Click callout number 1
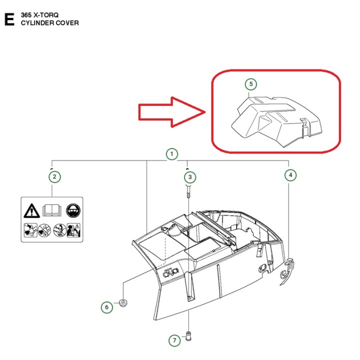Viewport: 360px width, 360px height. click(x=171, y=154)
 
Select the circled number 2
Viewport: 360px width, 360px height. click(x=54, y=177)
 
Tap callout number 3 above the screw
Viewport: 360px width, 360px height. click(x=190, y=177)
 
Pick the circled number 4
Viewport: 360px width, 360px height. click(x=290, y=175)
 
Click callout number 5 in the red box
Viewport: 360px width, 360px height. click(x=251, y=84)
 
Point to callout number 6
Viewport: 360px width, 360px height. click(x=107, y=307)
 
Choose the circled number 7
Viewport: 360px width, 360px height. click(x=174, y=340)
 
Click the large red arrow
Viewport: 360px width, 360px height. click(x=171, y=112)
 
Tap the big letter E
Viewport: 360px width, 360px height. click(x=9, y=19)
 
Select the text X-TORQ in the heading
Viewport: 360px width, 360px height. click(x=46, y=15)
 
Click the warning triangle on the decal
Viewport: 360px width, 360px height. click(x=31, y=211)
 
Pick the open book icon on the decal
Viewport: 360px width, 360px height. click(x=52, y=210)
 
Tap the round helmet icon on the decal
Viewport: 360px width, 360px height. click(x=73, y=210)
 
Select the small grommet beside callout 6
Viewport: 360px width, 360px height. click(x=123, y=303)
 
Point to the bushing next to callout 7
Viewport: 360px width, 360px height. click(x=188, y=336)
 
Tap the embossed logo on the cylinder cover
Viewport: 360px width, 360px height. click(x=170, y=273)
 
